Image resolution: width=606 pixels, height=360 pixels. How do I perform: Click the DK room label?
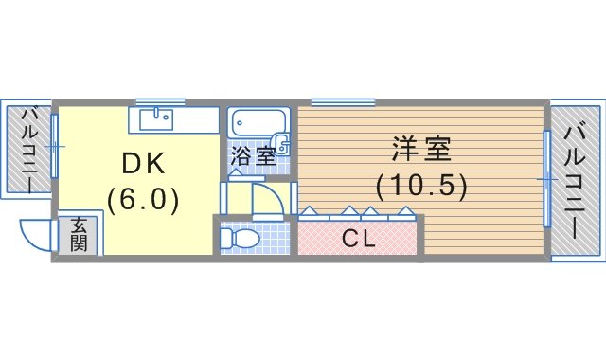point(143,164)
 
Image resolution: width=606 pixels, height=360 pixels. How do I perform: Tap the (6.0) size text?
point(143,200)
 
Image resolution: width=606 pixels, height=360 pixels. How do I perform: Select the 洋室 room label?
point(421,148)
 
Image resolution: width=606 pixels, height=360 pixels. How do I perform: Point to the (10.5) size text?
point(421,187)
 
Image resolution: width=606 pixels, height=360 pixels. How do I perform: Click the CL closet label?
point(359,238)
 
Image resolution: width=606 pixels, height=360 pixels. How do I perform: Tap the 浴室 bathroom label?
point(253,156)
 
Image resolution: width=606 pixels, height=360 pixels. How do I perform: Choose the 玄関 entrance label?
point(79,234)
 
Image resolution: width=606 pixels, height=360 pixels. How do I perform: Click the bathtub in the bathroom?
point(258,122)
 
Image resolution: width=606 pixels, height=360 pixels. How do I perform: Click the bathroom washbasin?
point(281,146)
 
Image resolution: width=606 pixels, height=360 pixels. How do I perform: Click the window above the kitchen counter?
point(160,102)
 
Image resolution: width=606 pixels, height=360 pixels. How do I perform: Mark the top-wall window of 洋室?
point(343,102)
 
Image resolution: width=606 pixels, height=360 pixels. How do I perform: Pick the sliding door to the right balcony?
point(547,179)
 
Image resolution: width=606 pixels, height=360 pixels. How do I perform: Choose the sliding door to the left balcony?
point(55,146)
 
